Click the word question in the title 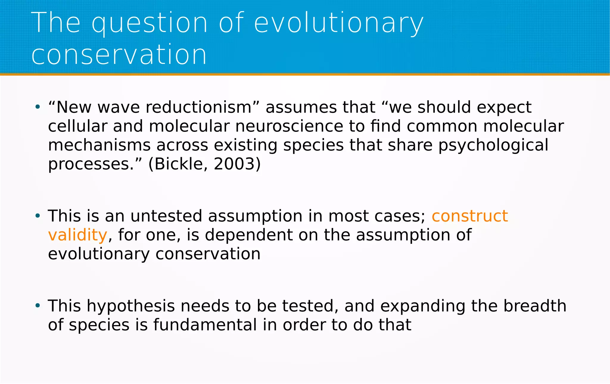click(x=149, y=23)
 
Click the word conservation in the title click(x=119, y=54)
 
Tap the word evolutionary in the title click(x=338, y=23)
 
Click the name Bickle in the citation click(x=179, y=164)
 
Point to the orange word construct click(x=469, y=216)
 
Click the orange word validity click(x=77, y=235)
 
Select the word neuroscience click(x=289, y=126)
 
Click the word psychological click(x=493, y=145)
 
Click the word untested click(x=166, y=216)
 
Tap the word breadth click(x=535, y=306)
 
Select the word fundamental click(x=205, y=325)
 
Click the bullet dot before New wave click(x=38, y=107)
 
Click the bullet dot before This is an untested click(x=38, y=216)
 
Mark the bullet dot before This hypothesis click(x=38, y=305)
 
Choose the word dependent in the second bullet click(x=249, y=235)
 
